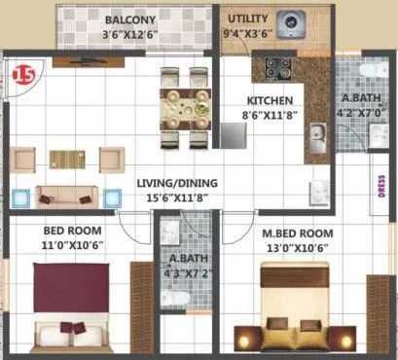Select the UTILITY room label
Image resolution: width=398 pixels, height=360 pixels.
click(x=247, y=18)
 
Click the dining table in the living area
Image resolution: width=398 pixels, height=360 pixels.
click(x=183, y=103)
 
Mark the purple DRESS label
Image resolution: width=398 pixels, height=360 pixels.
click(x=380, y=185)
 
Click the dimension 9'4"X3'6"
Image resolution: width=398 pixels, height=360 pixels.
click(x=247, y=32)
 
